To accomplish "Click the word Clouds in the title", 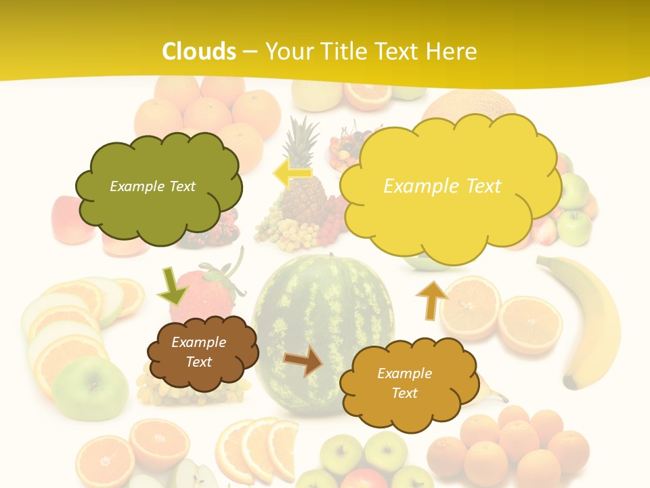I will (199, 51).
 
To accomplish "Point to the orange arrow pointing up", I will (432, 300).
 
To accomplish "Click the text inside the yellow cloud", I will (442, 186).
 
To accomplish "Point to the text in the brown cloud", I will (199, 352).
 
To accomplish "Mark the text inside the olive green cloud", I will (152, 186).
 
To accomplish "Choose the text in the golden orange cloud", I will (404, 383).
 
